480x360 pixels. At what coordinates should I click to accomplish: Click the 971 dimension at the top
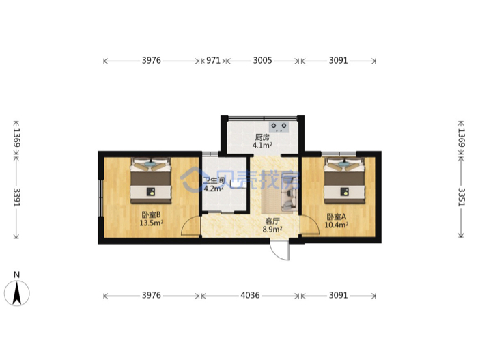coord(213,60)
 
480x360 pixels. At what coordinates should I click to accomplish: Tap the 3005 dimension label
coord(262,60)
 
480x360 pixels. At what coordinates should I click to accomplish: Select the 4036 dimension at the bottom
coord(250,295)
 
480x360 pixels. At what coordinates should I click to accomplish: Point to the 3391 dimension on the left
coord(16,197)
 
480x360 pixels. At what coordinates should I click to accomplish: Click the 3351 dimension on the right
coord(461,196)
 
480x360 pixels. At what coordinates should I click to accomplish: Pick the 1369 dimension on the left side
coord(16,137)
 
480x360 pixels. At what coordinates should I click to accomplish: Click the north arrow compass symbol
coord(17,292)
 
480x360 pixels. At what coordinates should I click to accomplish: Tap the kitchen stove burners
coord(279,126)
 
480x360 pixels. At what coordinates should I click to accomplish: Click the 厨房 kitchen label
coord(262,137)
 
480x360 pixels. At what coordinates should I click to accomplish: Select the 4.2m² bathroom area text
coord(213,189)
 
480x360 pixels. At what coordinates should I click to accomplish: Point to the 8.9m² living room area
coord(272,229)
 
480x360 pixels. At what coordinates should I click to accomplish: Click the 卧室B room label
coord(151,214)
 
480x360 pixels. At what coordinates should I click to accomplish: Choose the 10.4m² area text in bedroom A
coord(336,225)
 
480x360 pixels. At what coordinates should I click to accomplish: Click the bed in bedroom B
coord(151,180)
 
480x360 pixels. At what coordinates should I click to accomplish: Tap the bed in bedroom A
coord(344,180)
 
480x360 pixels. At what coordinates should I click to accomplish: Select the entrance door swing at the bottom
coord(279,250)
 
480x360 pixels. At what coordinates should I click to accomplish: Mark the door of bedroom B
coord(190,226)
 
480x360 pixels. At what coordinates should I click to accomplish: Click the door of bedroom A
coord(309,225)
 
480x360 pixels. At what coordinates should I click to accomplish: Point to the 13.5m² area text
coord(151,223)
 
